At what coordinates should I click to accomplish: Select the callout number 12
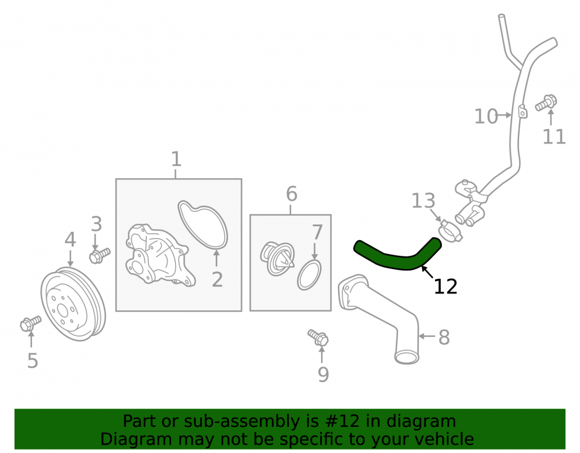click(x=445, y=287)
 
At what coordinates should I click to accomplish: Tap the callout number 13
click(x=423, y=201)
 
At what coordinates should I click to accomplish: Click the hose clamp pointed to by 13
click(x=450, y=232)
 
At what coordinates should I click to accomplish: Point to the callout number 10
click(x=486, y=116)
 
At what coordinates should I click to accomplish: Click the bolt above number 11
click(x=546, y=103)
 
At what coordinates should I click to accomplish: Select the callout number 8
click(x=444, y=337)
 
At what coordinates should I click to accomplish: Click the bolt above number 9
click(x=318, y=337)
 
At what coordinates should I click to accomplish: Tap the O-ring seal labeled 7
click(x=309, y=275)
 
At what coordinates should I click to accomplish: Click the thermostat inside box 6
click(x=277, y=259)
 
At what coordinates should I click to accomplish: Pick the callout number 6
click(x=292, y=194)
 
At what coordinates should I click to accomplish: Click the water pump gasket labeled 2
click(x=202, y=224)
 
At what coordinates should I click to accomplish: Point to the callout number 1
click(x=176, y=159)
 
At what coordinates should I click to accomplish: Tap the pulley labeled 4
click(x=73, y=304)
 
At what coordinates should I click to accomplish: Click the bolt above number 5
click(x=31, y=324)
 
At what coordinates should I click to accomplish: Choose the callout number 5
click(x=32, y=360)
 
